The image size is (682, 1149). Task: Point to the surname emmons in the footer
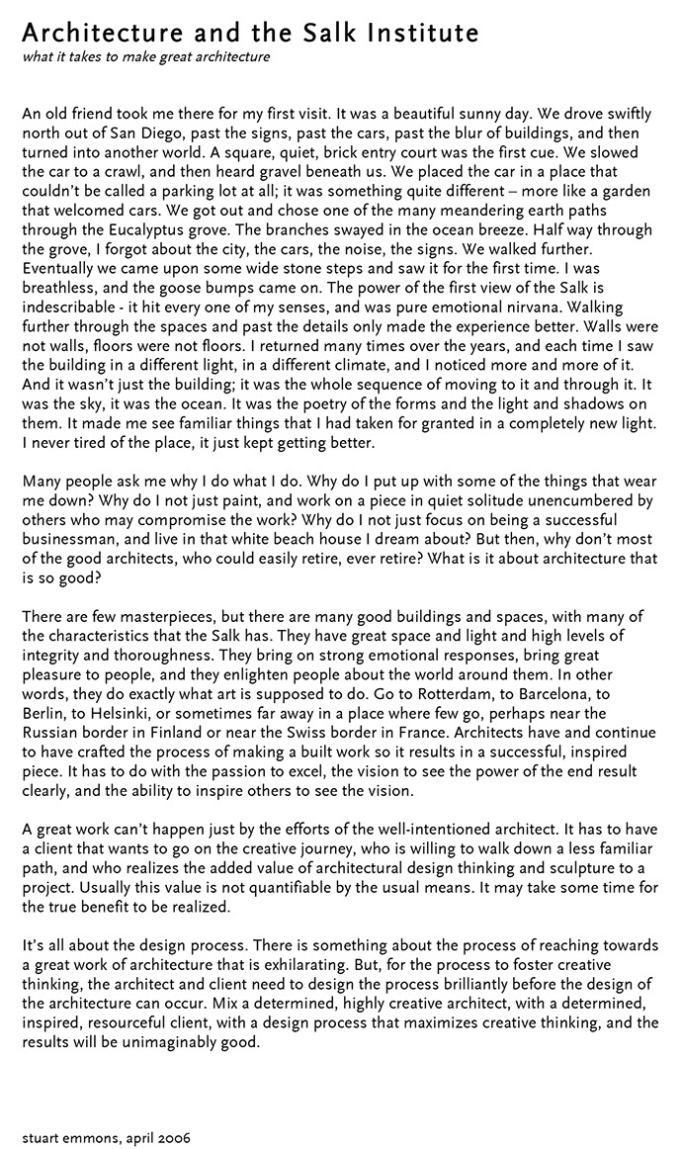[95, 1138]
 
